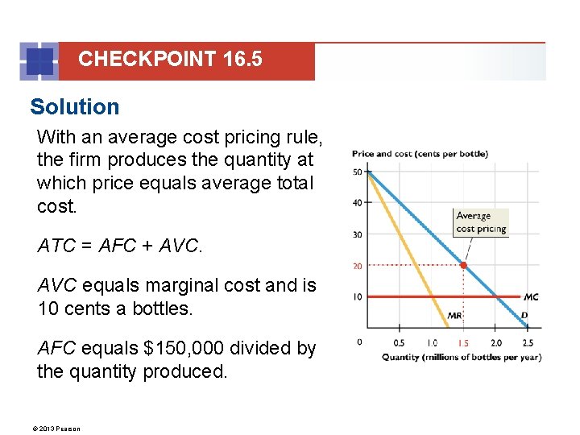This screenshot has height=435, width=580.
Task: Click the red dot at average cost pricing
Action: click(463, 265)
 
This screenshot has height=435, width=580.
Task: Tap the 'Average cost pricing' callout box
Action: click(481, 222)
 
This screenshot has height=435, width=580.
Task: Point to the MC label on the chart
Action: click(530, 297)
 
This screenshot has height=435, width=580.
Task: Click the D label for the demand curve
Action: click(524, 315)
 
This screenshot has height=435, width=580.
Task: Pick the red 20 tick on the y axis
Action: click(357, 266)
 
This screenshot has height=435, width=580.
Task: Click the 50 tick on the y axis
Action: click(357, 172)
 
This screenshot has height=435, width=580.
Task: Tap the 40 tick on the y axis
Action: click(357, 203)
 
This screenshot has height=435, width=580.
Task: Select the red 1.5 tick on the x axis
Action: click(463, 343)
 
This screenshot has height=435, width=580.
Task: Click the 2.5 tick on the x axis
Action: click(528, 343)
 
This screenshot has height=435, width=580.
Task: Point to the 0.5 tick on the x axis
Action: click(399, 343)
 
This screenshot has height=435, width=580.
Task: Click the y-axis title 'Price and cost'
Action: click(419, 154)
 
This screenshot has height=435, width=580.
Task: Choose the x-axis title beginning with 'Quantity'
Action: click(461, 357)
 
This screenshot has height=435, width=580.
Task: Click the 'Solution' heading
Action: click(74, 107)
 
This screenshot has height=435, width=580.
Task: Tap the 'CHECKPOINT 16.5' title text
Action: click(170, 60)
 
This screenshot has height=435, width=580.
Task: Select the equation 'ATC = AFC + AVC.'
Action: click(120, 246)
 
